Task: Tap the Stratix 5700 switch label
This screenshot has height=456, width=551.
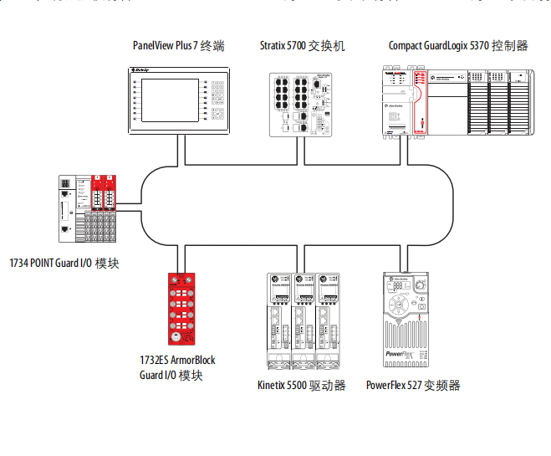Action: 302,46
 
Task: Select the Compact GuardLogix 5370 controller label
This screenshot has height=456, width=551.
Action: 458,46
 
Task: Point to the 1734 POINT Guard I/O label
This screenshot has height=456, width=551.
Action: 64,263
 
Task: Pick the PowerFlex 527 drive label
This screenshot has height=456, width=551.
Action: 413,386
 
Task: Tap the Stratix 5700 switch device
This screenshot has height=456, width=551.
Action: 301,105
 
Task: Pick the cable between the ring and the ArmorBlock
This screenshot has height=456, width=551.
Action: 178,259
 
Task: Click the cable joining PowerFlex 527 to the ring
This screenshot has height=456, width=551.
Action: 406,259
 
